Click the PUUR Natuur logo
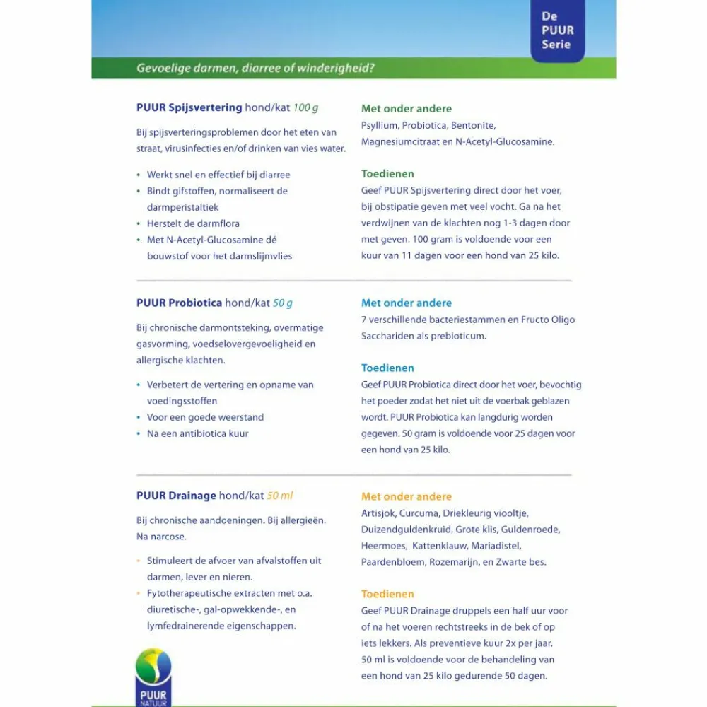pyautogui.click(x=153, y=675)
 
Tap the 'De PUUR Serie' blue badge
pyautogui.click(x=557, y=30)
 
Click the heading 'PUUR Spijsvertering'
pyautogui.click(x=189, y=108)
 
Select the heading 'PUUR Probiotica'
pyautogui.click(x=179, y=303)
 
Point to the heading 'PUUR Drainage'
pyautogui.click(x=176, y=496)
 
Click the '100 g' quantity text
pyautogui.click(x=305, y=108)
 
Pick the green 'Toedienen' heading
pyautogui.click(x=387, y=174)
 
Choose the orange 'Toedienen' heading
pyautogui.click(x=387, y=595)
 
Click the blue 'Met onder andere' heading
pyautogui.click(x=406, y=303)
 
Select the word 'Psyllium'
pyautogui.click(x=379, y=126)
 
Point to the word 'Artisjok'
pyautogui.click(x=379, y=513)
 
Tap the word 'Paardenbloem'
pyautogui.click(x=392, y=562)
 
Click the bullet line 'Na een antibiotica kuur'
pyautogui.click(x=197, y=433)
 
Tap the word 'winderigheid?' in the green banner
pyautogui.click(x=336, y=69)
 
